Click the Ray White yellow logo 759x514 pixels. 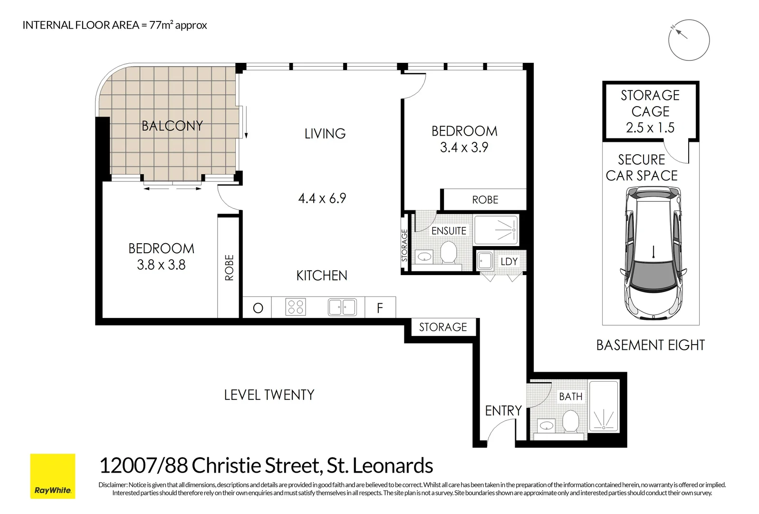[53, 476]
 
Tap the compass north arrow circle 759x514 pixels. [689, 40]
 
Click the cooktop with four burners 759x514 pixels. [296, 307]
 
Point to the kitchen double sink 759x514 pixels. [342, 307]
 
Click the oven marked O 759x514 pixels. [258, 308]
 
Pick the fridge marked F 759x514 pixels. [380, 308]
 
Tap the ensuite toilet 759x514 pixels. [448, 251]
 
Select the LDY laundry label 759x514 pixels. [509, 262]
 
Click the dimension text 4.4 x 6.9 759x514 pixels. [322, 198]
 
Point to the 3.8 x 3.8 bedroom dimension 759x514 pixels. [161, 265]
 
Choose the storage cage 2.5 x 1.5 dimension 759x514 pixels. [650, 128]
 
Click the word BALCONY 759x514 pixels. [172, 126]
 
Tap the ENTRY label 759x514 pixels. [503, 411]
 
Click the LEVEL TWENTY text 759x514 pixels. [269, 395]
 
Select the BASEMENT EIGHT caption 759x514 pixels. [650, 345]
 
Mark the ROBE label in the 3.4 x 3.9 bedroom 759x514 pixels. [485, 200]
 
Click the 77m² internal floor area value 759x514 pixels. [161, 25]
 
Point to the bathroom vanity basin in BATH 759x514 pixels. [547, 425]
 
